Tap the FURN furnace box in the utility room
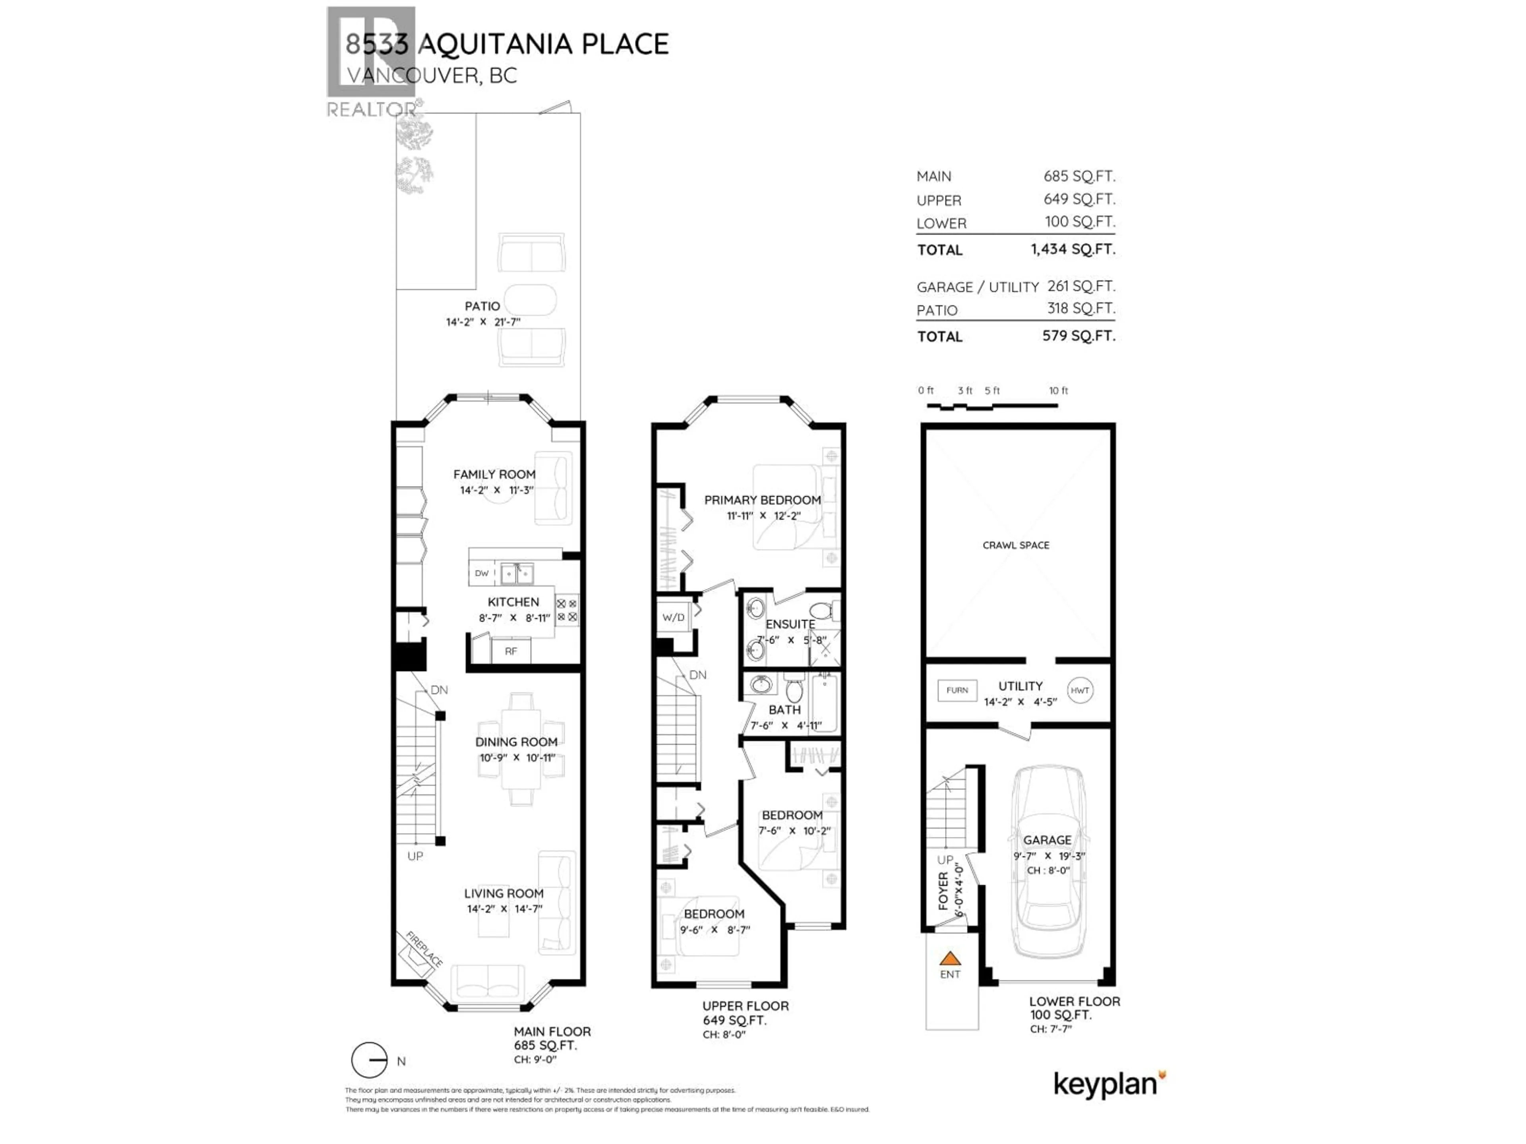(x=957, y=690)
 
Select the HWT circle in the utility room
(x=1080, y=690)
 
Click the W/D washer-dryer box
(x=673, y=617)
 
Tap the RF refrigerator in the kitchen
(x=511, y=651)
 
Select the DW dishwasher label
(x=482, y=573)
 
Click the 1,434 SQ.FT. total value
(x=1073, y=249)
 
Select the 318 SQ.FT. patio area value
(x=1081, y=308)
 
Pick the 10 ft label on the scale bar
(x=1058, y=390)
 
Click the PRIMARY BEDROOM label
(x=762, y=500)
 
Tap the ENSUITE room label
(x=790, y=624)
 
